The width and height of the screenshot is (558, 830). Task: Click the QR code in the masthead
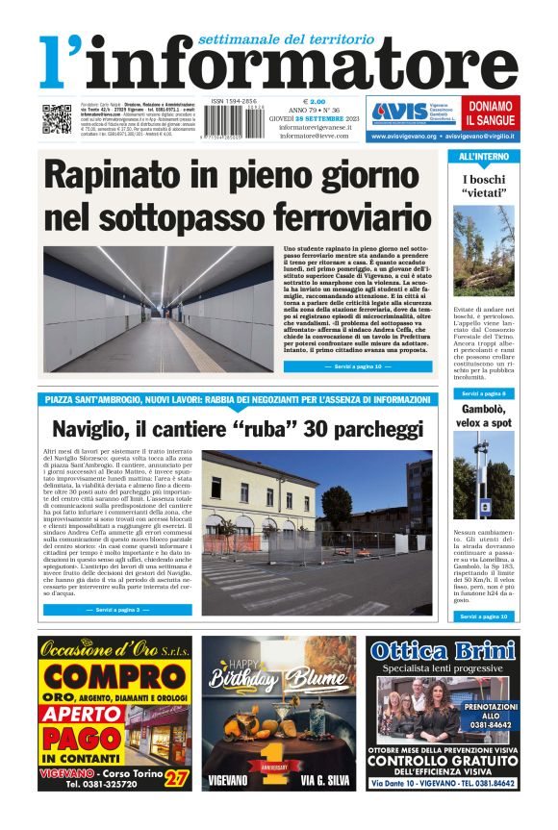click(56, 119)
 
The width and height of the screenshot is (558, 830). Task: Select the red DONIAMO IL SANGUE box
click(489, 113)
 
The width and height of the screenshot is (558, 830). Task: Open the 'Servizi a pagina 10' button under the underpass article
click(351, 366)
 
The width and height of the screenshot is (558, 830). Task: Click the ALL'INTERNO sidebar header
click(484, 156)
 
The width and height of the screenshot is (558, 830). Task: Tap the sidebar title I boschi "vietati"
click(484, 186)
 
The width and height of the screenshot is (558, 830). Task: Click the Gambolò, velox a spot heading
click(484, 416)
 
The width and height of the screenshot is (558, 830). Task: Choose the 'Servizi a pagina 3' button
click(117, 610)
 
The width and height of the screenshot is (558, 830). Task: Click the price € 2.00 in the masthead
click(315, 102)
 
